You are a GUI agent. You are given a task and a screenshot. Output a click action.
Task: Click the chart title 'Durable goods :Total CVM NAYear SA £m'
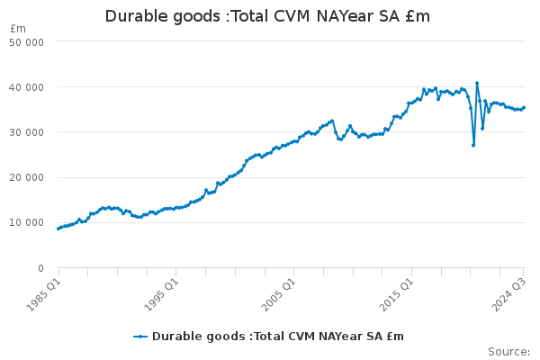tap(267, 16)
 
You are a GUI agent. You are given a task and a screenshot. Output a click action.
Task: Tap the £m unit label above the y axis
tap(18, 29)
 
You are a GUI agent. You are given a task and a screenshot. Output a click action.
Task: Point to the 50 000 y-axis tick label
tap(29, 42)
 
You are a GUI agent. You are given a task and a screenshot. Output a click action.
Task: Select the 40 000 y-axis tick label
tap(29, 87)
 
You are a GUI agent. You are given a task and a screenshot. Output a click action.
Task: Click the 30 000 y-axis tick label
tap(29, 132)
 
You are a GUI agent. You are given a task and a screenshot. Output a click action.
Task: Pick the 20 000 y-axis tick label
tap(29, 177)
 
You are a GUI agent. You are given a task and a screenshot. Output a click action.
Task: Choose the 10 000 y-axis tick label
tap(29, 222)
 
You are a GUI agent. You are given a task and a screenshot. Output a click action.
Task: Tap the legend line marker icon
tap(140, 337)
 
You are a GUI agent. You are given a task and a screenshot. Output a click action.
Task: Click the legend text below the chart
tap(278, 337)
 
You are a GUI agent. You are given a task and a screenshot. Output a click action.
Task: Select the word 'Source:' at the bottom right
tap(508, 351)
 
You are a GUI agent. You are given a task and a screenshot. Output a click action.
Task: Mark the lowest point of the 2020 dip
tap(473, 145)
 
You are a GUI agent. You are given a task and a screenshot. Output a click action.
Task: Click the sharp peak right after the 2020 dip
tap(477, 83)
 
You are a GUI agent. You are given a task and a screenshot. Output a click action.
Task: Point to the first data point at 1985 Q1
tap(58, 229)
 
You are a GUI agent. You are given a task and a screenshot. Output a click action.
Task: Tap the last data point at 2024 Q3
tap(524, 108)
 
